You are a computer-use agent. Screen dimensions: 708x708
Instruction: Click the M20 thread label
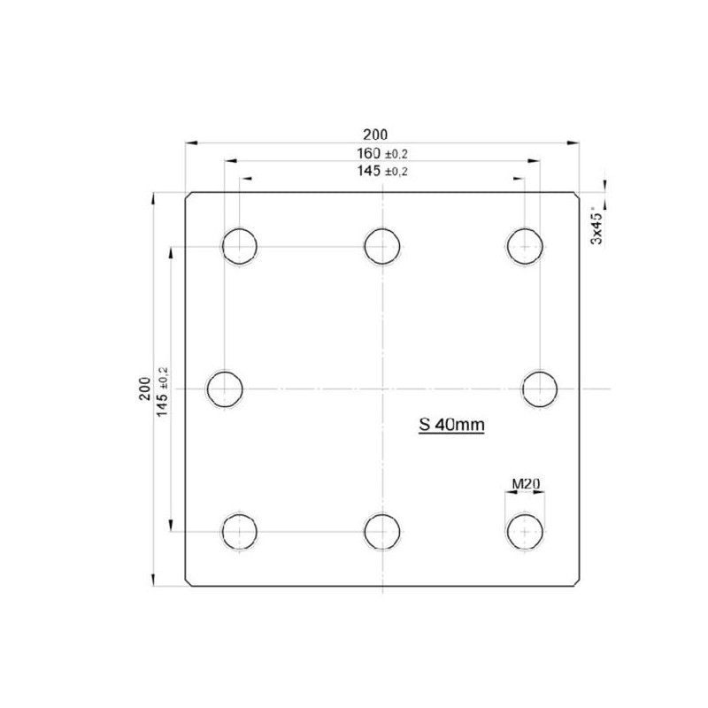[x=526, y=484]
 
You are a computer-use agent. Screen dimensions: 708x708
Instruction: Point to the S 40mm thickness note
[x=451, y=425]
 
